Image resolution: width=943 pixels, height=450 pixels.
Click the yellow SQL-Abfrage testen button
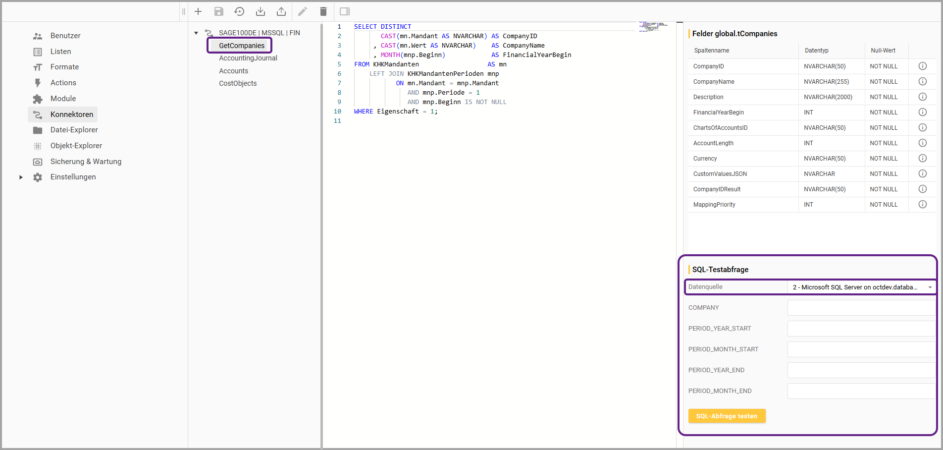tap(727, 416)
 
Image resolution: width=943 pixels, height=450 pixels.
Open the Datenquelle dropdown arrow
tap(930, 287)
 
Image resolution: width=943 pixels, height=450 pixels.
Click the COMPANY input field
tap(861, 308)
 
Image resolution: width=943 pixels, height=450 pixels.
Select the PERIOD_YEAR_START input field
tap(861, 329)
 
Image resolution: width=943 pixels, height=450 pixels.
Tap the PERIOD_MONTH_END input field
tap(861, 391)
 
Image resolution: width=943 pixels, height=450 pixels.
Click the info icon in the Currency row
tap(923, 158)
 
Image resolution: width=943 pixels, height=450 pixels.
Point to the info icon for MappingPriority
tap(923, 204)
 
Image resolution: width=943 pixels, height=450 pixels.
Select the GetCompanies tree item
tap(242, 46)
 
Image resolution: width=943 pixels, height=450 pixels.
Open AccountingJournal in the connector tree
tap(248, 58)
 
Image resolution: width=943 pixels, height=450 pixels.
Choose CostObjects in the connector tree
tap(238, 83)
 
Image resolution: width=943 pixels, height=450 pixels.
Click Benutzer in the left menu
tap(65, 36)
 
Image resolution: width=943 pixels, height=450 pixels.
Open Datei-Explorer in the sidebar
tap(74, 130)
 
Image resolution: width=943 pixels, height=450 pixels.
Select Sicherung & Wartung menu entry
tap(86, 162)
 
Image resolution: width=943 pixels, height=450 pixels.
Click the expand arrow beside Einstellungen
tap(21, 177)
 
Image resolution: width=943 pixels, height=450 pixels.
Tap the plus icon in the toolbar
tap(198, 11)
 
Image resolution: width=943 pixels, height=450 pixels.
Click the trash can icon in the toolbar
tap(323, 11)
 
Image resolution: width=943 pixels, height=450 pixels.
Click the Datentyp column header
tap(817, 51)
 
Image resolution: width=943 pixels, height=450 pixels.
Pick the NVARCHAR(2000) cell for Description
tap(828, 97)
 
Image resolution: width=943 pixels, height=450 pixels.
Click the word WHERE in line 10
tap(364, 112)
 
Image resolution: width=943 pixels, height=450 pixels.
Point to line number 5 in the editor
tap(339, 64)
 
